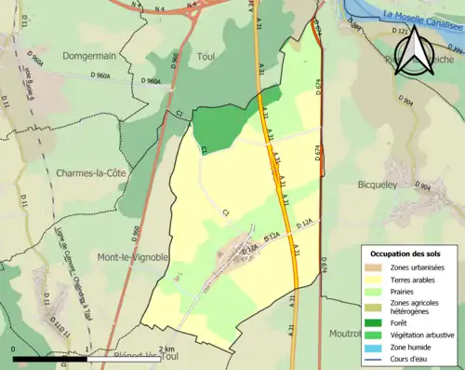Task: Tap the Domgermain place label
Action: [89, 56]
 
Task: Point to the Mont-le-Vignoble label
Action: [132, 256]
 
